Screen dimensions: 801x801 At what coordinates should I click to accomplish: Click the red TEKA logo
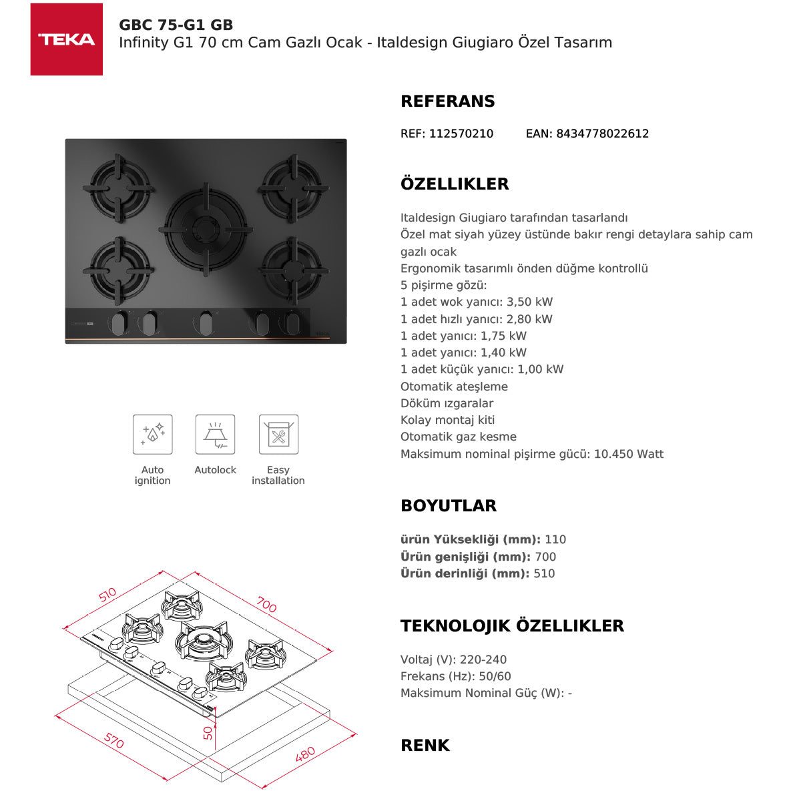[67, 39]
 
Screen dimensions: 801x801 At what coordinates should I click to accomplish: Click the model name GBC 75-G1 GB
[176, 25]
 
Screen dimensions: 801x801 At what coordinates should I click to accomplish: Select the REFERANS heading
[447, 101]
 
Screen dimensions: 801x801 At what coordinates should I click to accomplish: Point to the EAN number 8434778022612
[602, 133]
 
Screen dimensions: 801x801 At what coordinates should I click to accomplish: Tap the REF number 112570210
[461, 133]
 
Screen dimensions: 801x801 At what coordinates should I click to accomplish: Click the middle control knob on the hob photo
[205, 323]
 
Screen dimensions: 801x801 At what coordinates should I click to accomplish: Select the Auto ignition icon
[152, 435]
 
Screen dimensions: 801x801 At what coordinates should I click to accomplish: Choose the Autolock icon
[215, 435]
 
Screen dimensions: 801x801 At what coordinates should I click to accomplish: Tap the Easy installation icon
[278, 435]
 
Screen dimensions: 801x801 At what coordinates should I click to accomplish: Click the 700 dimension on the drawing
[266, 605]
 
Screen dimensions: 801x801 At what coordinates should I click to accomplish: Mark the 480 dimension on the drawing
[305, 755]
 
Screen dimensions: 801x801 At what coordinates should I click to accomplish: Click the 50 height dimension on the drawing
[208, 732]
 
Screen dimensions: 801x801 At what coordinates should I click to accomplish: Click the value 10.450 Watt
[629, 455]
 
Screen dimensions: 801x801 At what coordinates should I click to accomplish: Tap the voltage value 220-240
[483, 659]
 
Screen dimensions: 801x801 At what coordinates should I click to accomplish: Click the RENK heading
[425, 746]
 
